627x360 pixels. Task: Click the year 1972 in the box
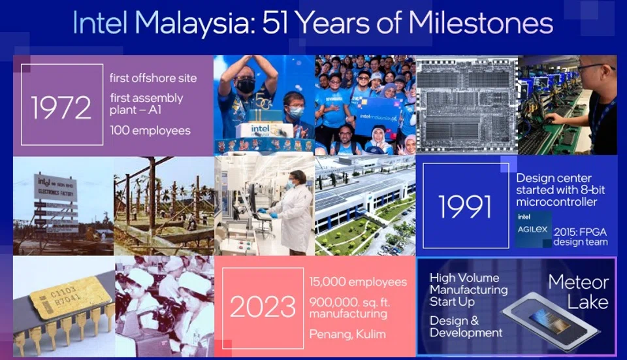pos(61,106)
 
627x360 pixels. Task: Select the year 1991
pos(465,206)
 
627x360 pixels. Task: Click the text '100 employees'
pos(150,130)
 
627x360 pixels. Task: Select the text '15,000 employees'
pos(358,282)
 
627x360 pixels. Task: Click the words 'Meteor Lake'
pos(578,292)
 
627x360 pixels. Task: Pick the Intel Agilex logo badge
pos(533,228)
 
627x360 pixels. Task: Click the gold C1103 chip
pos(62,301)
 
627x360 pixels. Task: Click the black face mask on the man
pos(246,86)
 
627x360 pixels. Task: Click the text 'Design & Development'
pos(466,327)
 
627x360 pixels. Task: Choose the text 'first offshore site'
pos(153,78)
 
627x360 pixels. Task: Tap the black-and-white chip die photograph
pos(466,105)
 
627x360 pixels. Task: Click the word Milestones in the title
pos(481,24)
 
